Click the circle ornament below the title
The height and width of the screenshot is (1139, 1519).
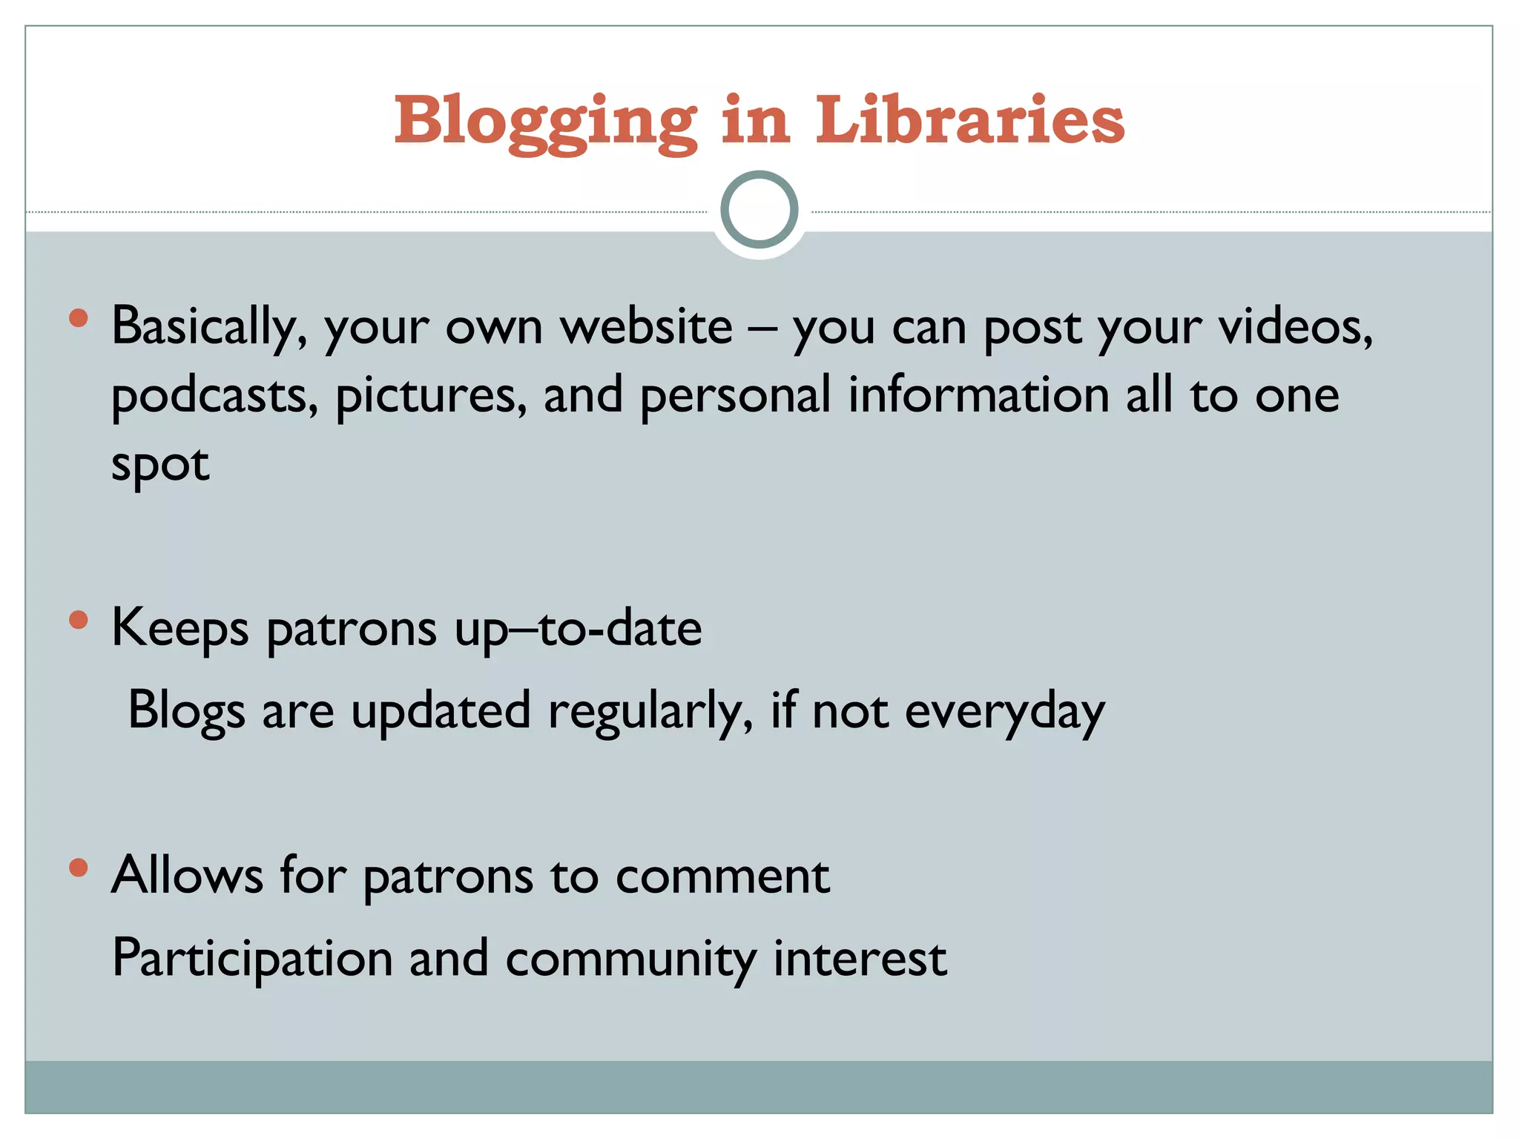pos(759,210)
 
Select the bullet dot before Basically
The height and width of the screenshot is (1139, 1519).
pos(78,319)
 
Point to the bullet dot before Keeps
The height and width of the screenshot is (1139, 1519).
pos(78,620)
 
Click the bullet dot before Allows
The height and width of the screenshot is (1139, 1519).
pos(78,867)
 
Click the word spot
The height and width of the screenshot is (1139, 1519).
pos(160,466)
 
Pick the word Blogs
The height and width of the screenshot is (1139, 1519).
pos(186,711)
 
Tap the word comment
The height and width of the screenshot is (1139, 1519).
pos(722,876)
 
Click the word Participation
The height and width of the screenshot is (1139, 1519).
pos(252,959)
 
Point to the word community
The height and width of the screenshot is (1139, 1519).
pos(630,959)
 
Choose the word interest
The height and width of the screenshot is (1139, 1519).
pos(860,957)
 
